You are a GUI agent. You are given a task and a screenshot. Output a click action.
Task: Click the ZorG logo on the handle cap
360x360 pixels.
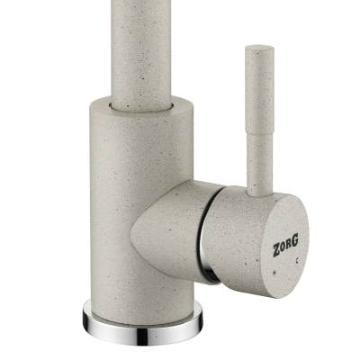click(x=285, y=247)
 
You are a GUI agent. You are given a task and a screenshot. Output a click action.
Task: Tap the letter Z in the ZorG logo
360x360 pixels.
click(x=277, y=250)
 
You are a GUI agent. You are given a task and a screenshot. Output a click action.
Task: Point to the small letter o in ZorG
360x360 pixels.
click(x=283, y=248)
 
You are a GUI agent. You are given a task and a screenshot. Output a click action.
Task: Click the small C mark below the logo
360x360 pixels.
click(x=297, y=261)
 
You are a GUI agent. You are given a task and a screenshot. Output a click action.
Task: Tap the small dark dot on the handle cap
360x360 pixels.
click(x=274, y=273)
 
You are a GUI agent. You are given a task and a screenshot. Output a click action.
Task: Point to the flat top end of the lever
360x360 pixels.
click(x=259, y=48)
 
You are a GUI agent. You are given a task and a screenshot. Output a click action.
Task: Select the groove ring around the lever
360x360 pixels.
click(x=260, y=133)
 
